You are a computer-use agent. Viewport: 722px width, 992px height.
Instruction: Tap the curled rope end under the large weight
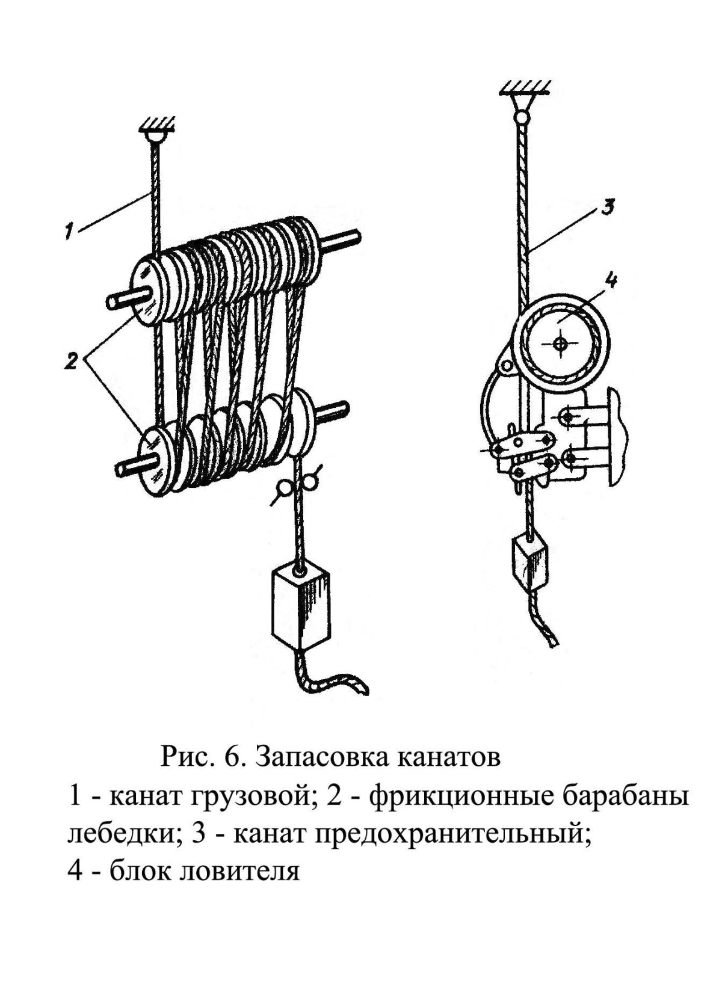click(x=335, y=683)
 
